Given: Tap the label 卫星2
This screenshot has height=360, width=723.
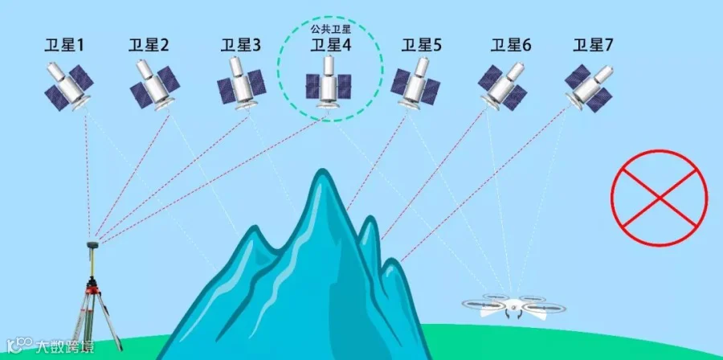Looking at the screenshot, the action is [x=149, y=46].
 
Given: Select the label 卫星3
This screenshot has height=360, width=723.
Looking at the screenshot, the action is [x=240, y=46].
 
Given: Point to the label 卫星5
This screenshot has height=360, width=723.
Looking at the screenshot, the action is [x=422, y=46].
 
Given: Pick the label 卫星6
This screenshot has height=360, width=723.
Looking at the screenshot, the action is [x=512, y=46].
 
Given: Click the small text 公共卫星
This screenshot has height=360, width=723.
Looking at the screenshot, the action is [x=330, y=28].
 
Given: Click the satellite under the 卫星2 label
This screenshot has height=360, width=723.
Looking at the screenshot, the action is [x=153, y=84].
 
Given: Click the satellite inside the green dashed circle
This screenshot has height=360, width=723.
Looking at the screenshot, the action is [x=328, y=81].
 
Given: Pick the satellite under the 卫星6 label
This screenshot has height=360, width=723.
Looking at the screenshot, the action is [x=503, y=84].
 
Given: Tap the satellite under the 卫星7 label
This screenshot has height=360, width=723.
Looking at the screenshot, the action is [x=588, y=82].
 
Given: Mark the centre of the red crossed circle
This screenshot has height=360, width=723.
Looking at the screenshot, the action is [x=660, y=195].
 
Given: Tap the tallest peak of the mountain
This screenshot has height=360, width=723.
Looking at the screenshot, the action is [x=322, y=178].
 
